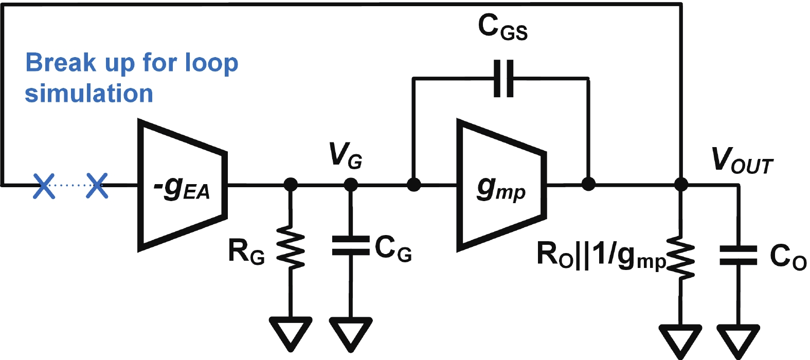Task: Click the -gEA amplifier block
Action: pos(183,185)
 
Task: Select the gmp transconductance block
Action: pos(501,185)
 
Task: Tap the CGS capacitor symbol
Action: pos(503,79)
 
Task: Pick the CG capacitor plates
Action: pos(351,245)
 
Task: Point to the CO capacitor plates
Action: pos(738,255)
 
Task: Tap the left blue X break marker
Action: pos(44,186)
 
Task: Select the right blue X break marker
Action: pos(97,186)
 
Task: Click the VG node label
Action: pos(345,155)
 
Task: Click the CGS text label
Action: pos(502,27)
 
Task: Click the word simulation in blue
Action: pos(89,93)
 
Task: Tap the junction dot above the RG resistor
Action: pos(291,185)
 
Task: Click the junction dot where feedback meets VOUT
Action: pos(681,184)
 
